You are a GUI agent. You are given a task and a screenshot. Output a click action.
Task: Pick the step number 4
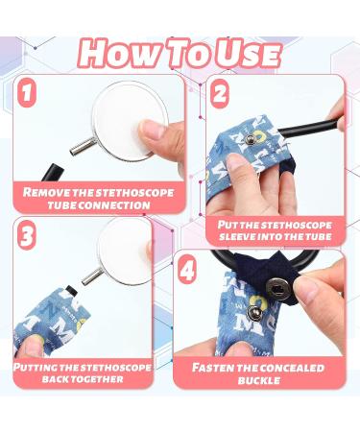click(x=189, y=272)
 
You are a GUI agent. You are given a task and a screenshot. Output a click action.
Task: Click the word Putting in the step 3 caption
click(x=42, y=367)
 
